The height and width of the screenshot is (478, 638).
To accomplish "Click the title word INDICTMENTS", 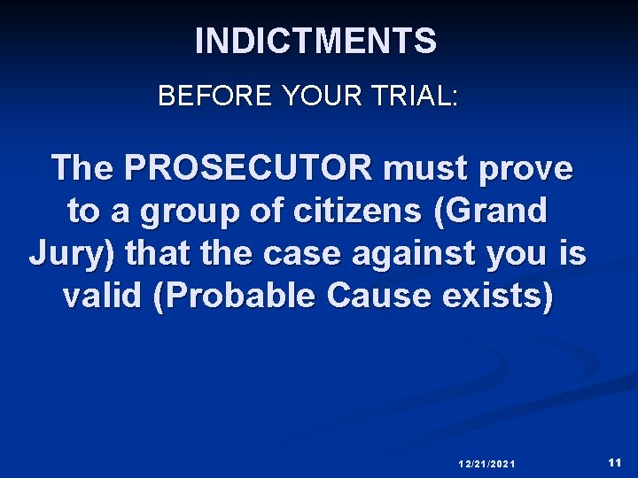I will coord(315,42).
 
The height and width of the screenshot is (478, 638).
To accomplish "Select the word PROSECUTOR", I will coord(249,167).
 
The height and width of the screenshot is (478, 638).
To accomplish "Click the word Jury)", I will coord(73,255).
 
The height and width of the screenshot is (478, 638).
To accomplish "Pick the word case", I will coord(288,254).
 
